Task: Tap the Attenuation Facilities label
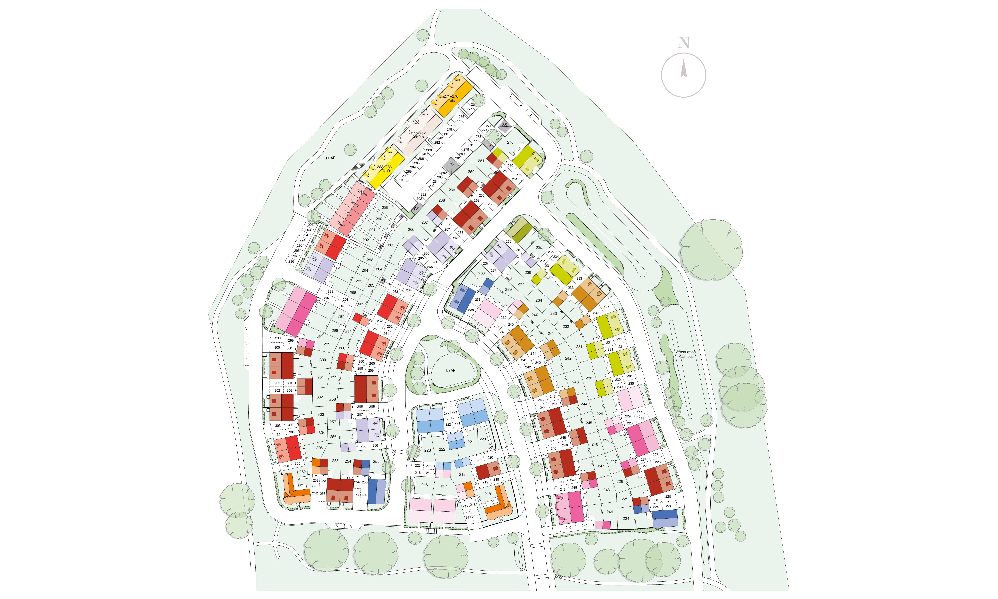tap(686, 354)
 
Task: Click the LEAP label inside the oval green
tap(450, 370)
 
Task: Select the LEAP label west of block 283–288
tap(330, 158)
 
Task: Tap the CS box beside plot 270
tap(488, 145)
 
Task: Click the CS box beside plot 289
tap(416, 209)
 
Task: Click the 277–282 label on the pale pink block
tap(418, 133)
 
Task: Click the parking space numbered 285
tap(417, 163)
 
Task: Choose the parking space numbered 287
tap(425, 154)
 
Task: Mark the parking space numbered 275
tap(469, 109)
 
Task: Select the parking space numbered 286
tap(421, 159)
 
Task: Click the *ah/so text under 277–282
tap(418, 137)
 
